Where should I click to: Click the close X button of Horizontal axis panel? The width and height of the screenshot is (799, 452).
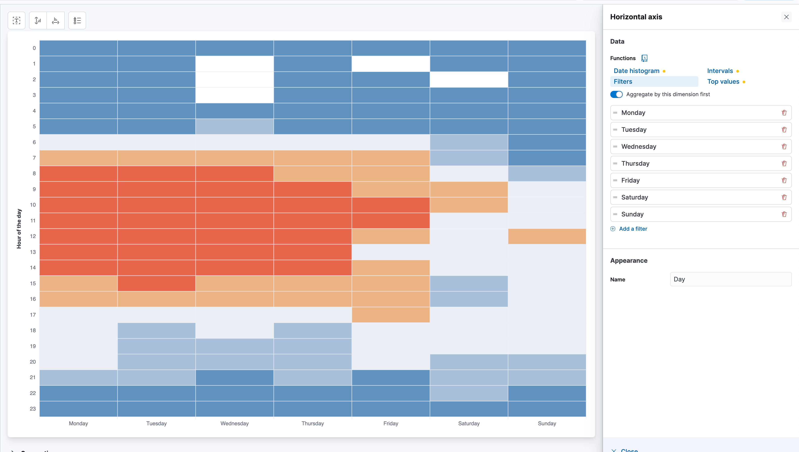(786, 17)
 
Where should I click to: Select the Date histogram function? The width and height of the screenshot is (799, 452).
(636, 71)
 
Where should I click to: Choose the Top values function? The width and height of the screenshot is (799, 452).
(723, 82)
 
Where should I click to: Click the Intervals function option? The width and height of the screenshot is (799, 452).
(720, 71)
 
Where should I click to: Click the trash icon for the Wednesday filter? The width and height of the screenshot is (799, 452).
(784, 147)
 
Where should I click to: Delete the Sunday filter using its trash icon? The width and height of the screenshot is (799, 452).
(784, 214)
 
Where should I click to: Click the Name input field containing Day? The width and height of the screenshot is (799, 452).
(731, 279)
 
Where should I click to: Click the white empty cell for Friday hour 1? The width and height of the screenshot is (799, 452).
(391, 64)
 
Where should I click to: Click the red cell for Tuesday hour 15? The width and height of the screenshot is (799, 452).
(156, 283)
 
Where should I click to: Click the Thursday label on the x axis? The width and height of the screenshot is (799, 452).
(313, 423)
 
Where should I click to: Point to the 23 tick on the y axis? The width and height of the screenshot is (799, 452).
(33, 409)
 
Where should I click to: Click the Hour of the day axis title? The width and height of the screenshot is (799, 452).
(19, 228)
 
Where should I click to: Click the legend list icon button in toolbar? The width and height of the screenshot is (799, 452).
(77, 20)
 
